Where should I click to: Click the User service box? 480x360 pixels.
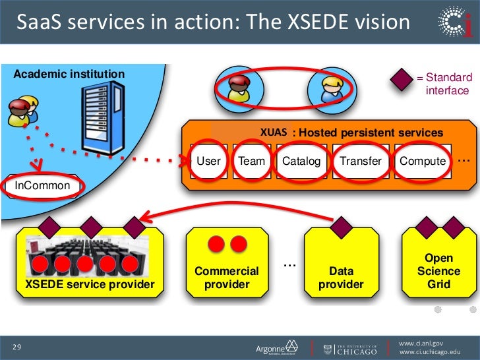point(209,161)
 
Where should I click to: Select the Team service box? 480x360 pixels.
point(251,161)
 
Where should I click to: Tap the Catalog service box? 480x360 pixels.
point(301,161)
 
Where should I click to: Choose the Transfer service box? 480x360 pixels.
point(361,161)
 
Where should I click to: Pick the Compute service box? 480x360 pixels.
point(423,161)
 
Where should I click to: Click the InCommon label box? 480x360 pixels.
point(42,186)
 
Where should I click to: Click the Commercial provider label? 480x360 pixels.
point(227,278)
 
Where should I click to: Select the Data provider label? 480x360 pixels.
point(341,278)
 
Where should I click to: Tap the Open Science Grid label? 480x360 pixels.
point(438,271)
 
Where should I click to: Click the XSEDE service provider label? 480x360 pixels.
point(90,284)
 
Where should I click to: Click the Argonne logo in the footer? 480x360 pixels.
point(276,347)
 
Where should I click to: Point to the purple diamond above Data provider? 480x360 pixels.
point(341,229)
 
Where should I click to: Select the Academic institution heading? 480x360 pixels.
point(69,74)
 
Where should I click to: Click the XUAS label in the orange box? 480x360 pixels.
point(273,132)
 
